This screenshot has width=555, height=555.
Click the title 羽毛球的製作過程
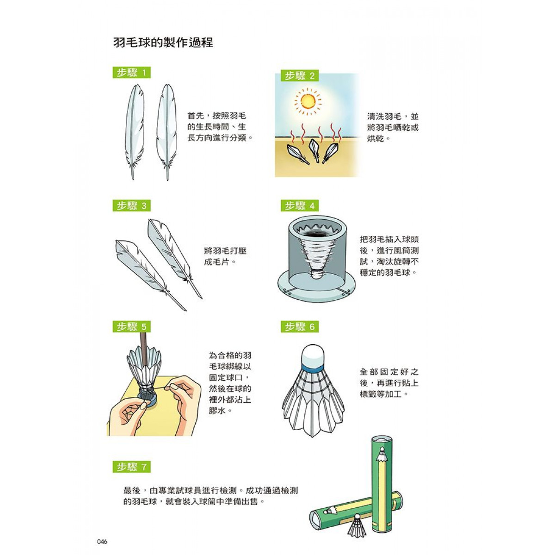click(163, 43)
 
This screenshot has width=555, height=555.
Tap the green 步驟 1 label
click(131, 73)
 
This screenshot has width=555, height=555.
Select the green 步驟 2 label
click(300, 76)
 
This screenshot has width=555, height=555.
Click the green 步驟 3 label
click(131, 206)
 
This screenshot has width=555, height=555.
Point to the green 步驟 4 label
click(300, 206)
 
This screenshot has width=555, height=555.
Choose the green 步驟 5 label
click(131, 327)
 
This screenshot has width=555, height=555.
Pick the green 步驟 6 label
click(300, 327)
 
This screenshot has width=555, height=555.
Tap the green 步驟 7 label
click(131, 467)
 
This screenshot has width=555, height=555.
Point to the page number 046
click(102, 525)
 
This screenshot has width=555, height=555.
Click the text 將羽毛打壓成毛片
click(225, 256)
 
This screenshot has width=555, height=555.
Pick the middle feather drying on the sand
click(314, 150)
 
